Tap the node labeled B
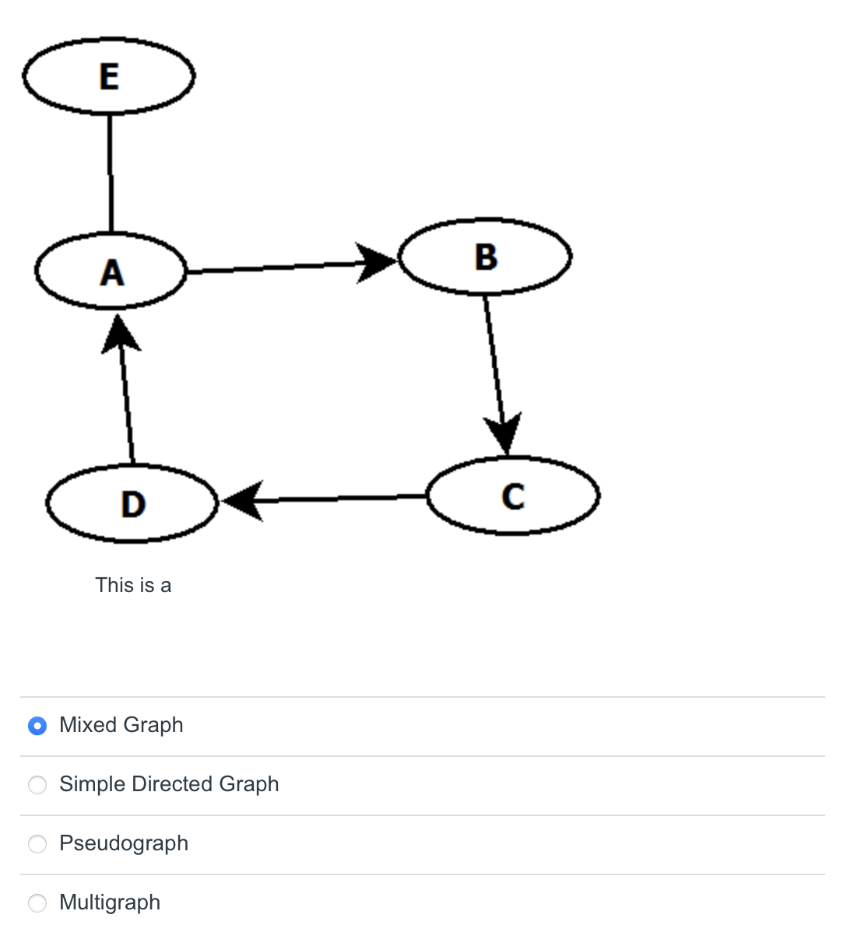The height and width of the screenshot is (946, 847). (x=485, y=257)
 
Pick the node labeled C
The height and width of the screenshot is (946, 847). (x=513, y=496)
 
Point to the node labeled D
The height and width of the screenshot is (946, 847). (x=132, y=503)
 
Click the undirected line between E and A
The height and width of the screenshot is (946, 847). (x=110, y=173)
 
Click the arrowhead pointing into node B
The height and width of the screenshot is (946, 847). (x=379, y=262)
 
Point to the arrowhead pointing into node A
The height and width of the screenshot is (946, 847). (x=120, y=335)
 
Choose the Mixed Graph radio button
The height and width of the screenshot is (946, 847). (x=37, y=726)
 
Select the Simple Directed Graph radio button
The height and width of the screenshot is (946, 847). (x=37, y=785)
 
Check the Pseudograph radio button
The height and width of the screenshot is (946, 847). (x=37, y=844)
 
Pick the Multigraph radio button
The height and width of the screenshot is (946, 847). (x=37, y=903)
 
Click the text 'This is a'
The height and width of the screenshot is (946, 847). (x=133, y=585)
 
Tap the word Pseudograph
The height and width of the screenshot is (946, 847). (x=124, y=843)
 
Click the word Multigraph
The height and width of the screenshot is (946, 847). (x=110, y=902)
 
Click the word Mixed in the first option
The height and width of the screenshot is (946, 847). (x=88, y=725)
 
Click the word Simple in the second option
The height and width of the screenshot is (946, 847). (x=93, y=784)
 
